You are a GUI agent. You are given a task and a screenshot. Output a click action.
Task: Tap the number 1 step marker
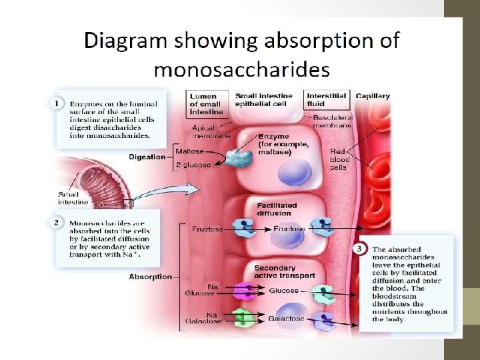coord(58,104)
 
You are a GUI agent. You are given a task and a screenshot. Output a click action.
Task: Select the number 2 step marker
coord(58,222)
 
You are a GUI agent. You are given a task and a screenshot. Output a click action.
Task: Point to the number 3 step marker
coord(360,248)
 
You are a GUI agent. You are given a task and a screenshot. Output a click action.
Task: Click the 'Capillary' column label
coord(373,96)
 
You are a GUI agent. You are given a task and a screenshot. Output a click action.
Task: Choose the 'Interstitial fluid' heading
coord(327,100)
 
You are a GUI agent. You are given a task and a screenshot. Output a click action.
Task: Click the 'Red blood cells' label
coord(339,159)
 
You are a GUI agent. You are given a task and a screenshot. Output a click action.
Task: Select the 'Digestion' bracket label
coord(147,157)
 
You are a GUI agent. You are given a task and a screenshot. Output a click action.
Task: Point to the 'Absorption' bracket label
coord(150,276)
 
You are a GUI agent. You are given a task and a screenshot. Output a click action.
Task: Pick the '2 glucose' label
coord(193,165)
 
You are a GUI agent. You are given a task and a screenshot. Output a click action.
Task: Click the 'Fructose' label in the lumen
coord(207,229)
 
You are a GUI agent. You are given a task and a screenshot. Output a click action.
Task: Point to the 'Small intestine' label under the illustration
coord(73,198)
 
